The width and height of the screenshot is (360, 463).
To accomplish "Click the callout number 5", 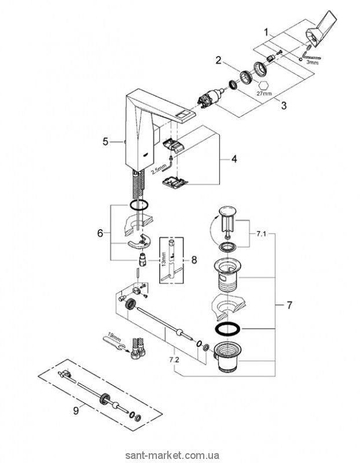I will coord(105,141).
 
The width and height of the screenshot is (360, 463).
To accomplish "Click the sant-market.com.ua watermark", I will coord(313,455).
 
